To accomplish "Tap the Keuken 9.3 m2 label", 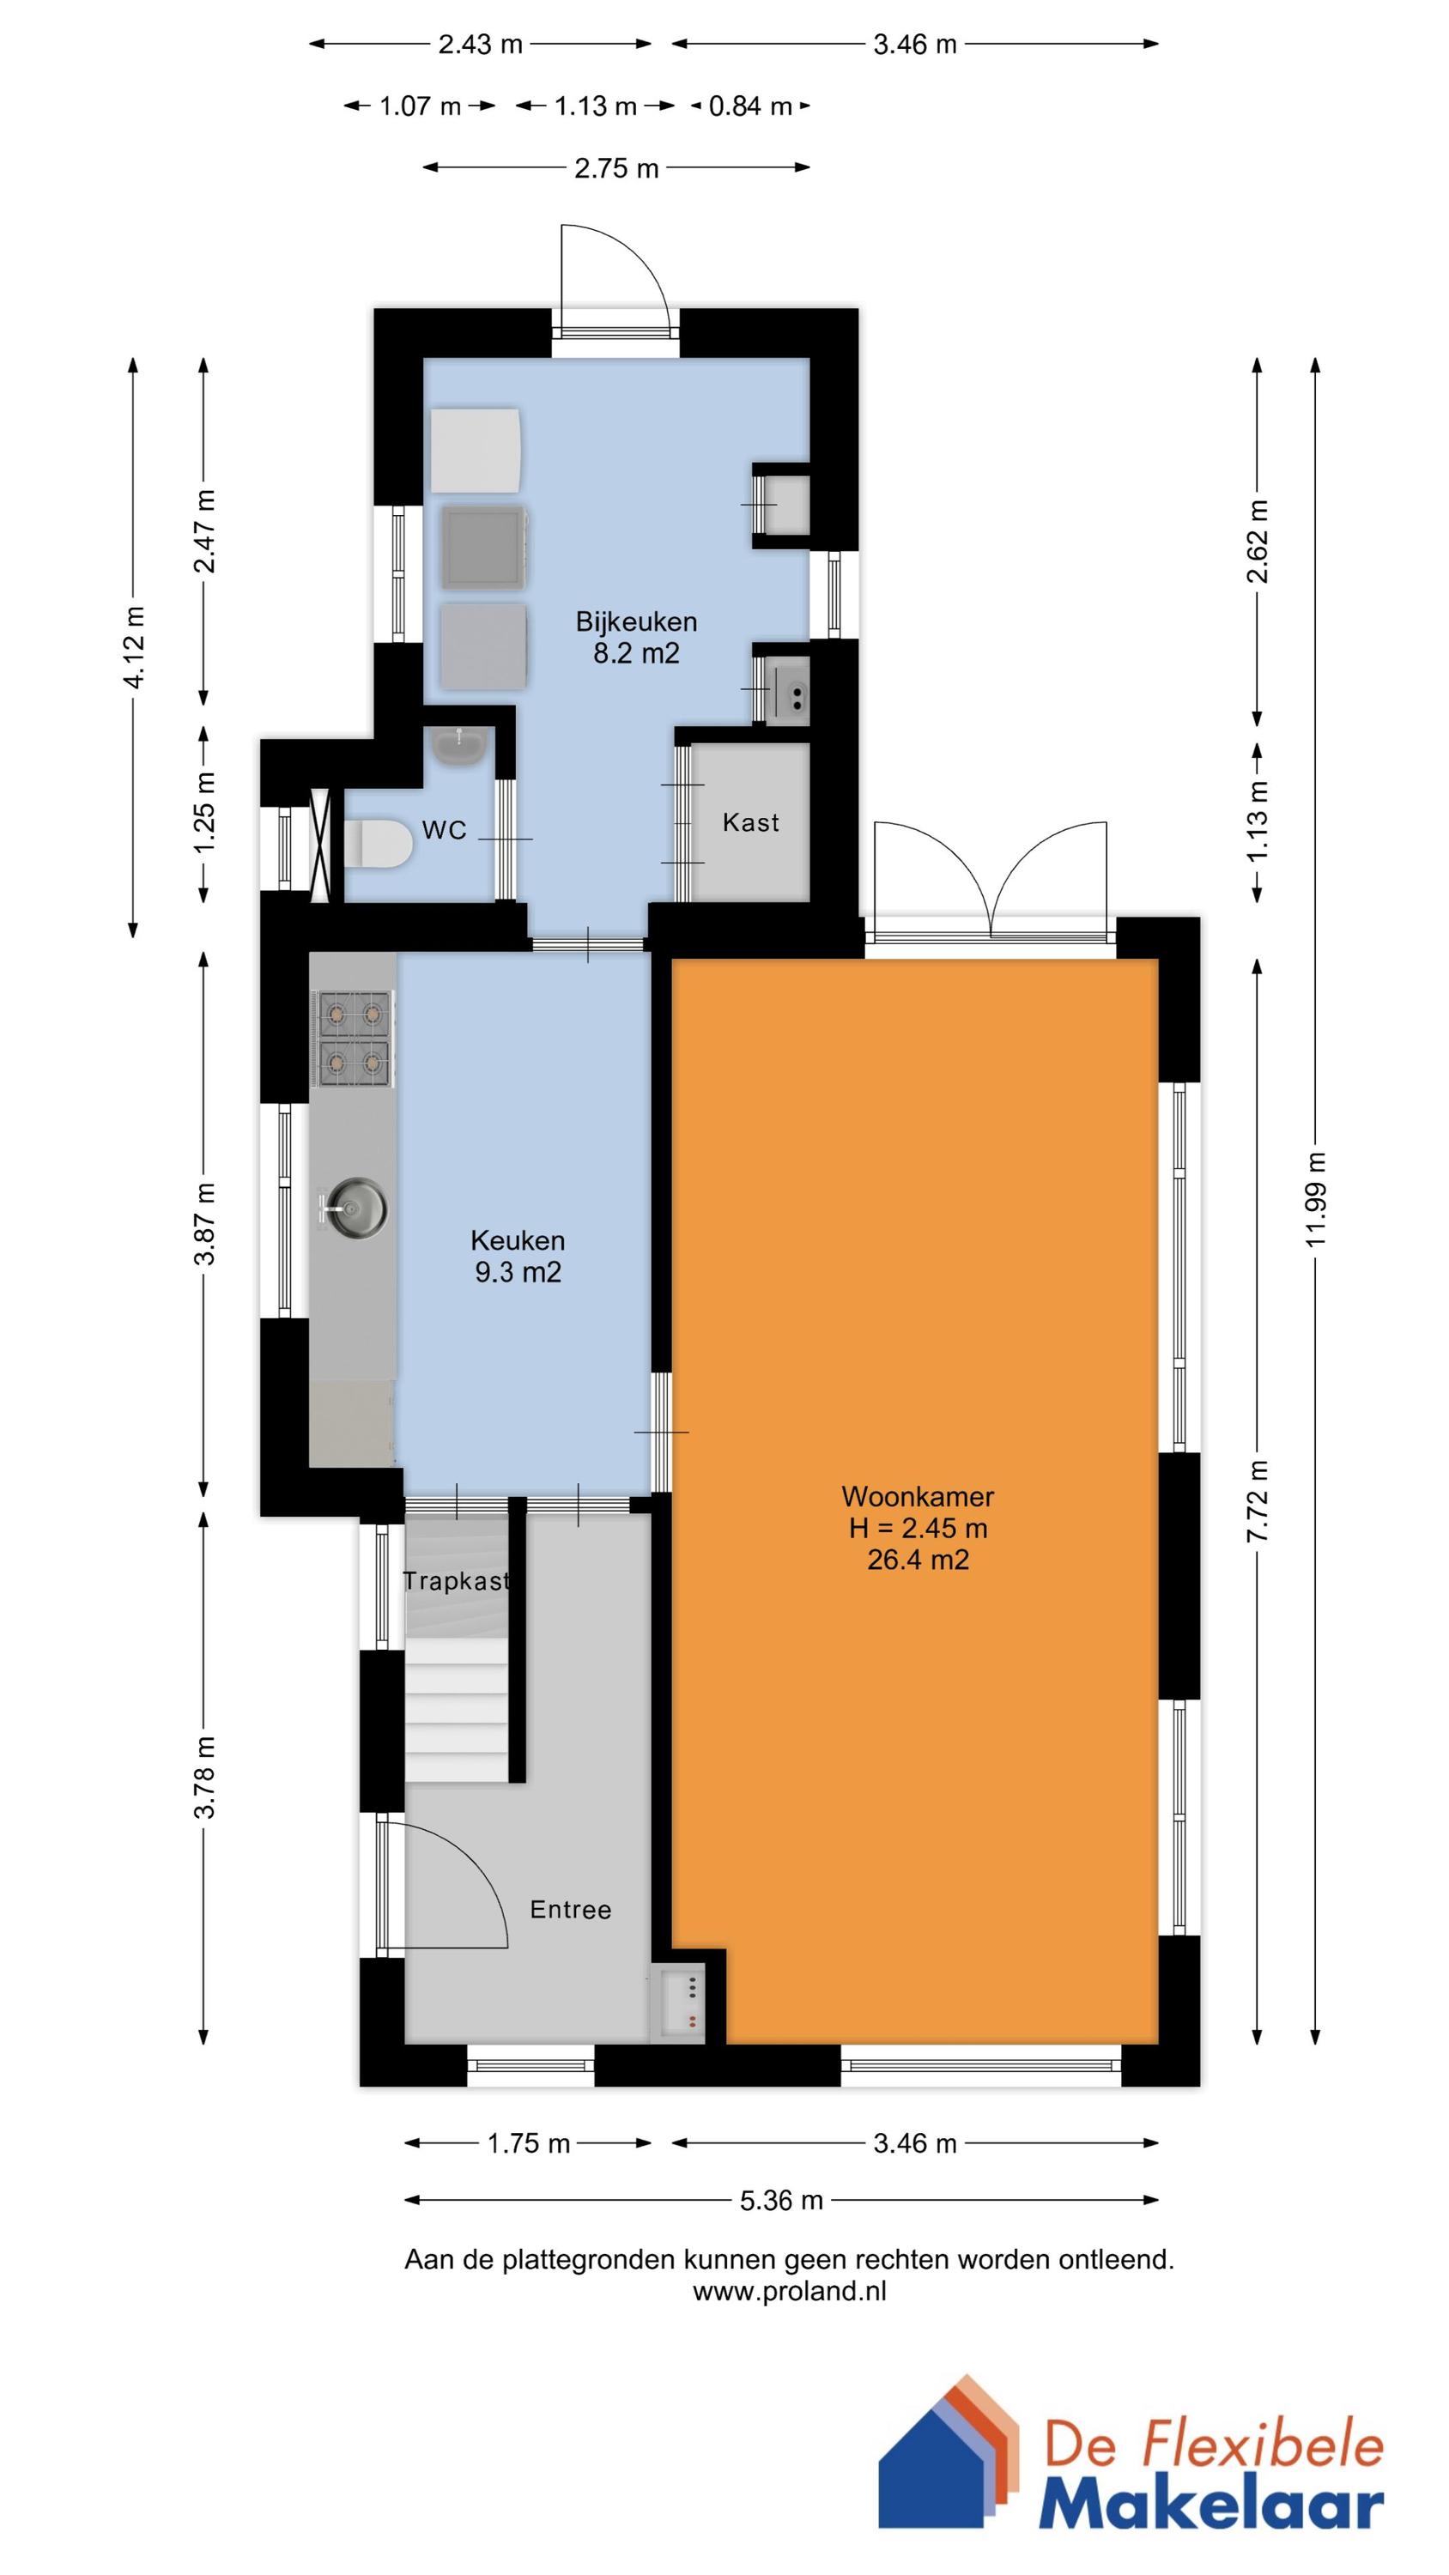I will pos(517,1256).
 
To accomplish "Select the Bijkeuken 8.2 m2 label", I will pos(636,637).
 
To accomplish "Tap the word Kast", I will pos(750,822).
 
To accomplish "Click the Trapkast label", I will pos(456,1580).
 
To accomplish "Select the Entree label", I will pos(570,1909).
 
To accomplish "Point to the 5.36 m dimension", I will pos(781,2200).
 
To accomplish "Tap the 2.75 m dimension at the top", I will pos(616,168).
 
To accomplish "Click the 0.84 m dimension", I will pos(750,106).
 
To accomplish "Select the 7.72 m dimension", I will pos(1258,1500).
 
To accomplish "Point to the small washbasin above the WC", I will pos(460,746).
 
